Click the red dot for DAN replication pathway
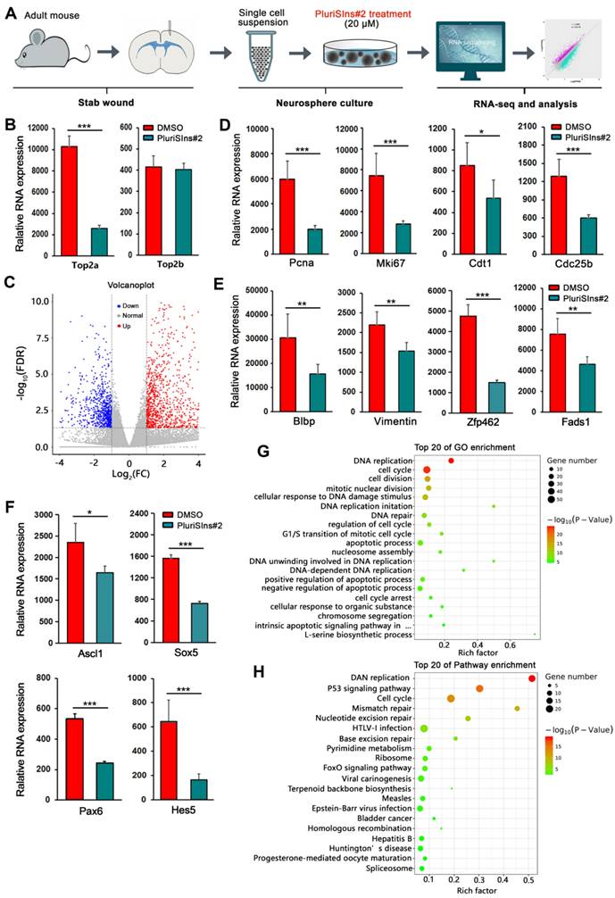tap(533, 679)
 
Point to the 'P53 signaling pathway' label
tap(372, 689)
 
